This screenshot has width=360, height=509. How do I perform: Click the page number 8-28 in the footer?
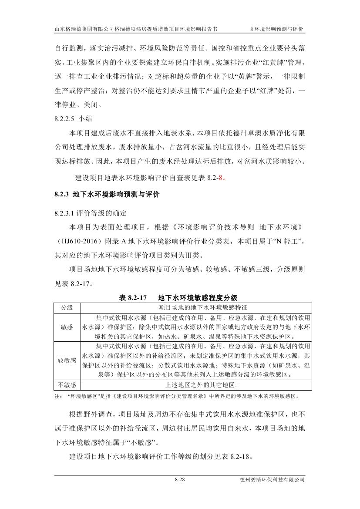(x=180, y=480)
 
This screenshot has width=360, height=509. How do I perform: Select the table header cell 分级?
(x=67, y=307)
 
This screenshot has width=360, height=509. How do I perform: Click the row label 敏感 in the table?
(x=67, y=326)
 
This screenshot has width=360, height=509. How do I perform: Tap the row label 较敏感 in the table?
(x=67, y=361)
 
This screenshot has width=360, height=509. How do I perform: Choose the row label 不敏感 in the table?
(x=67, y=385)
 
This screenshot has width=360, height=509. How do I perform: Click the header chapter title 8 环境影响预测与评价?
(x=277, y=29)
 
